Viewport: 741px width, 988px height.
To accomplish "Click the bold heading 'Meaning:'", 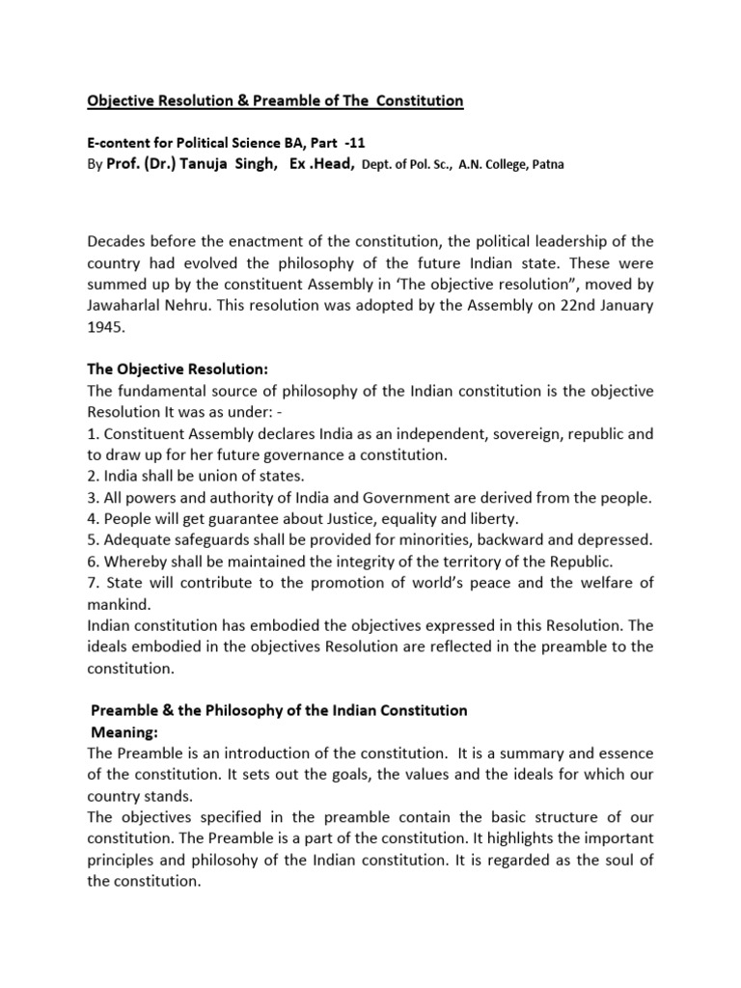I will coord(123,731).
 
